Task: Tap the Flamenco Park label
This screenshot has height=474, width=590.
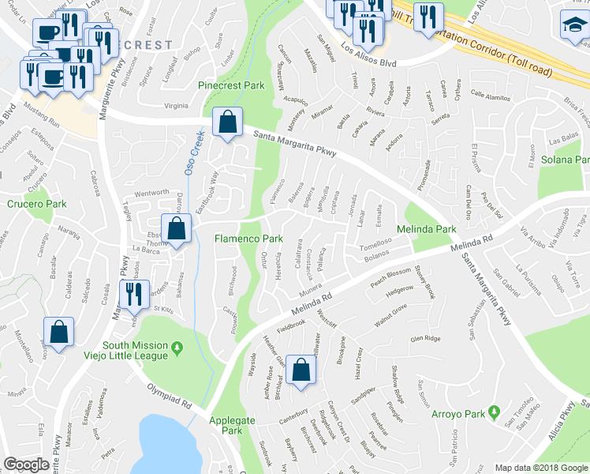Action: [248, 238]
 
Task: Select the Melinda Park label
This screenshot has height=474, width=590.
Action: [427, 229]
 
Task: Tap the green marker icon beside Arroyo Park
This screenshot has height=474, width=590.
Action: [494, 412]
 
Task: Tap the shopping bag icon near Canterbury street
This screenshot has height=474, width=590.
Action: [301, 369]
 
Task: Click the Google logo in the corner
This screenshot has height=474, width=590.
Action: [26, 465]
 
